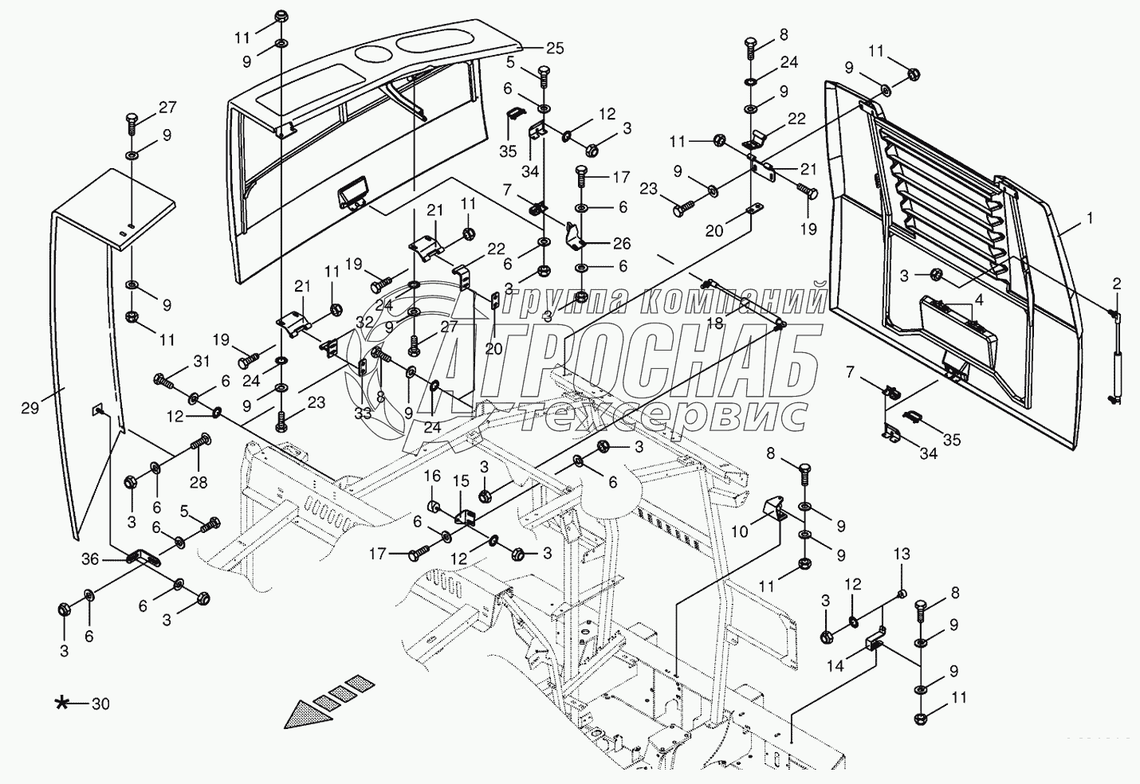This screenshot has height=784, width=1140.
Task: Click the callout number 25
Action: click(555, 49)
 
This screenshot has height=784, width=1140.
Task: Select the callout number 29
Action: click(30, 408)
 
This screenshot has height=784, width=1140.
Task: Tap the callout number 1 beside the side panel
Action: click(1090, 218)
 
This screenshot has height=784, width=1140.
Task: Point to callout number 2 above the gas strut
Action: click(1117, 284)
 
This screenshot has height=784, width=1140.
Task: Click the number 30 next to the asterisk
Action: click(100, 704)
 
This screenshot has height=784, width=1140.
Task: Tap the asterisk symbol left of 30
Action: click(62, 704)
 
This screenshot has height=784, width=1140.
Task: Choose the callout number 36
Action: click(91, 559)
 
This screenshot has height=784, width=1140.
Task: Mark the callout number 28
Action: click(199, 482)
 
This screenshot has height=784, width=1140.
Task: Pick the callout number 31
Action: click(202, 361)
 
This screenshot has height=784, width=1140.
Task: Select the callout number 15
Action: click(461, 480)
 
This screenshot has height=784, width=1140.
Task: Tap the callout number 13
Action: click(902, 554)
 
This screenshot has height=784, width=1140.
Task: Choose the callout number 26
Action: click(622, 244)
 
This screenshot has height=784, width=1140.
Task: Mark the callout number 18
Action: click(715, 323)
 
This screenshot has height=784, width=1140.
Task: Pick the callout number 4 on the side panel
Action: click(978, 300)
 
